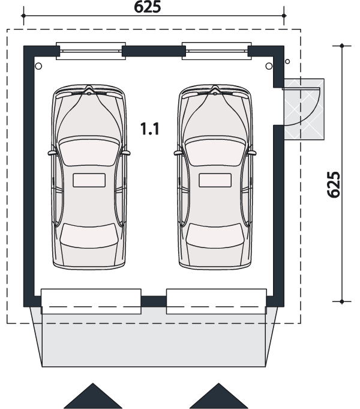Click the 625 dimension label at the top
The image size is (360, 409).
(x=147, y=7)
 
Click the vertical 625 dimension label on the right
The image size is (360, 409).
(x=334, y=184)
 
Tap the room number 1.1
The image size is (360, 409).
(x=149, y=129)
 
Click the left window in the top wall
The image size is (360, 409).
(x=91, y=51)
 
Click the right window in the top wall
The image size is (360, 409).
(x=217, y=51)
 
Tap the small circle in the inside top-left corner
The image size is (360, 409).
(x=38, y=66)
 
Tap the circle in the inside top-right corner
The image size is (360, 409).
(x=269, y=66)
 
